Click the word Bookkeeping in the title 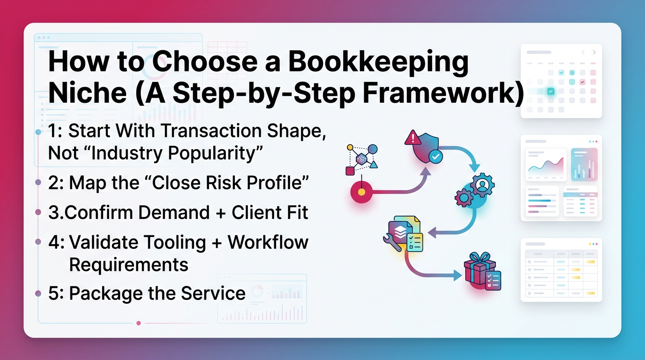(378, 62)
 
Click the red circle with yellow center (361, 192)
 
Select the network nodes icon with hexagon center (361, 159)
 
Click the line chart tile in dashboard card (546, 165)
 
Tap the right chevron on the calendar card (594, 52)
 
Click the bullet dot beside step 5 (38, 294)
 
